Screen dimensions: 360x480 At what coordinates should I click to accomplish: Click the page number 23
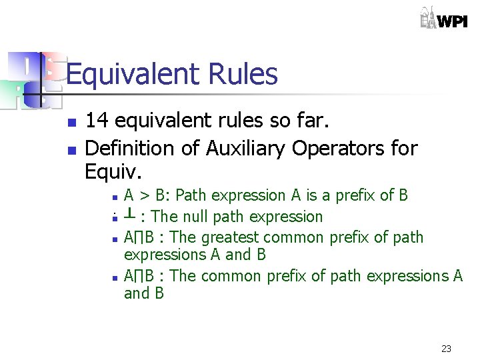447,349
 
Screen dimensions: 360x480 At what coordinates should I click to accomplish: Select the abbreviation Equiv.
113,172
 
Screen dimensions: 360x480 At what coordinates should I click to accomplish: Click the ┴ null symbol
131,214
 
